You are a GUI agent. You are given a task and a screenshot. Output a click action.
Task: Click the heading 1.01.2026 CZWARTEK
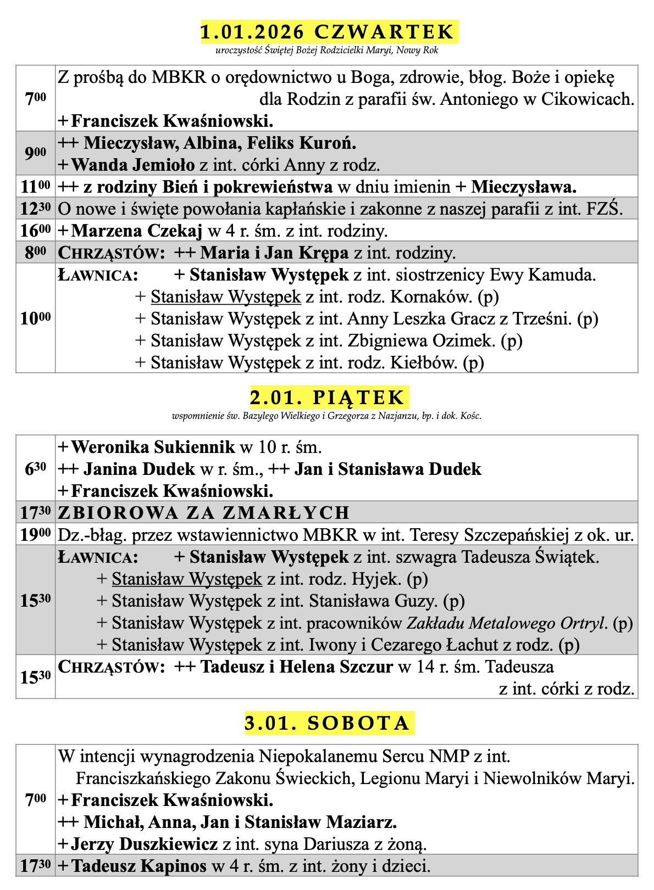pyautogui.click(x=328, y=32)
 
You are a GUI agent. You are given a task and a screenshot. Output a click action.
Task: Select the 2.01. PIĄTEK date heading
pyautogui.click(x=328, y=397)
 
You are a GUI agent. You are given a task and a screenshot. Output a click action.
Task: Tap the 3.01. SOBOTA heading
pyautogui.click(x=328, y=723)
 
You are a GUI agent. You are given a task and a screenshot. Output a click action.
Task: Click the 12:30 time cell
pyautogui.click(x=36, y=209)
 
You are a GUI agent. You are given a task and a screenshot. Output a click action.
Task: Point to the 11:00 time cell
pyautogui.click(x=36, y=187)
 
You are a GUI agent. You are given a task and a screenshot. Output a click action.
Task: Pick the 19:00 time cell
pyautogui.click(x=36, y=534)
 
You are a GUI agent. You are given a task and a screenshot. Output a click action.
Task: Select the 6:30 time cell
pyautogui.click(x=36, y=468)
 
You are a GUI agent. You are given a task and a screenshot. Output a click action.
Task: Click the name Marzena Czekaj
pyautogui.click(x=137, y=231)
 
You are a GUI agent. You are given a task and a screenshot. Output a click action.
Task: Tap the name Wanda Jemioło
pyautogui.click(x=133, y=165)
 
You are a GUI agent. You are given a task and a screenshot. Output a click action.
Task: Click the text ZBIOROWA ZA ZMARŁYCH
pyautogui.click(x=204, y=512)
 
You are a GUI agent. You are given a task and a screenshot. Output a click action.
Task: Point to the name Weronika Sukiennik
pyautogui.click(x=153, y=447)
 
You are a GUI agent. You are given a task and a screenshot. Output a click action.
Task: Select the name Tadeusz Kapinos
pyautogui.click(x=139, y=866)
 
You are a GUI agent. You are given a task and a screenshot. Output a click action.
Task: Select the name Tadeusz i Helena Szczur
pyautogui.click(x=297, y=667)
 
